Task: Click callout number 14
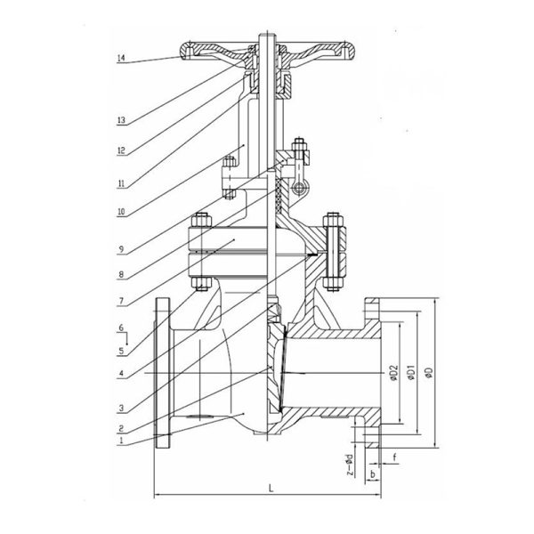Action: pyautogui.click(x=121, y=58)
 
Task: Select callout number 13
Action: pyautogui.click(x=121, y=120)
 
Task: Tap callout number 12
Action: pyautogui.click(x=121, y=150)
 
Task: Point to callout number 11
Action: pyautogui.click(x=121, y=184)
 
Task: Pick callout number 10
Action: pyautogui.click(x=121, y=212)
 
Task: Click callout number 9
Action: pyautogui.click(x=121, y=249)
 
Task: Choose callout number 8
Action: pyautogui.click(x=121, y=274)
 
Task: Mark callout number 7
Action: pyautogui.click(x=121, y=301)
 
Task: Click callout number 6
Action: pyautogui.click(x=121, y=328)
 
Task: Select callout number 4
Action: pyautogui.click(x=121, y=374)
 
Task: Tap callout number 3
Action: pyautogui.click(x=121, y=408)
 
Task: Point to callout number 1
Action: pyautogui.click(x=121, y=441)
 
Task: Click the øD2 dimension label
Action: pyautogui.click(x=393, y=373)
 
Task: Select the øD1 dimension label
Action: pyautogui.click(x=412, y=372)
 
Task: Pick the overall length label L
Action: pyautogui.click(x=271, y=489)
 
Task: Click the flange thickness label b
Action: pyautogui.click(x=373, y=473)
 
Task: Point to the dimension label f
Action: pyautogui.click(x=394, y=457)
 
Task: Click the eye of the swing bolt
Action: pyautogui.click(x=299, y=188)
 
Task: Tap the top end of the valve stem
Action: pyautogui.click(x=267, y=34)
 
